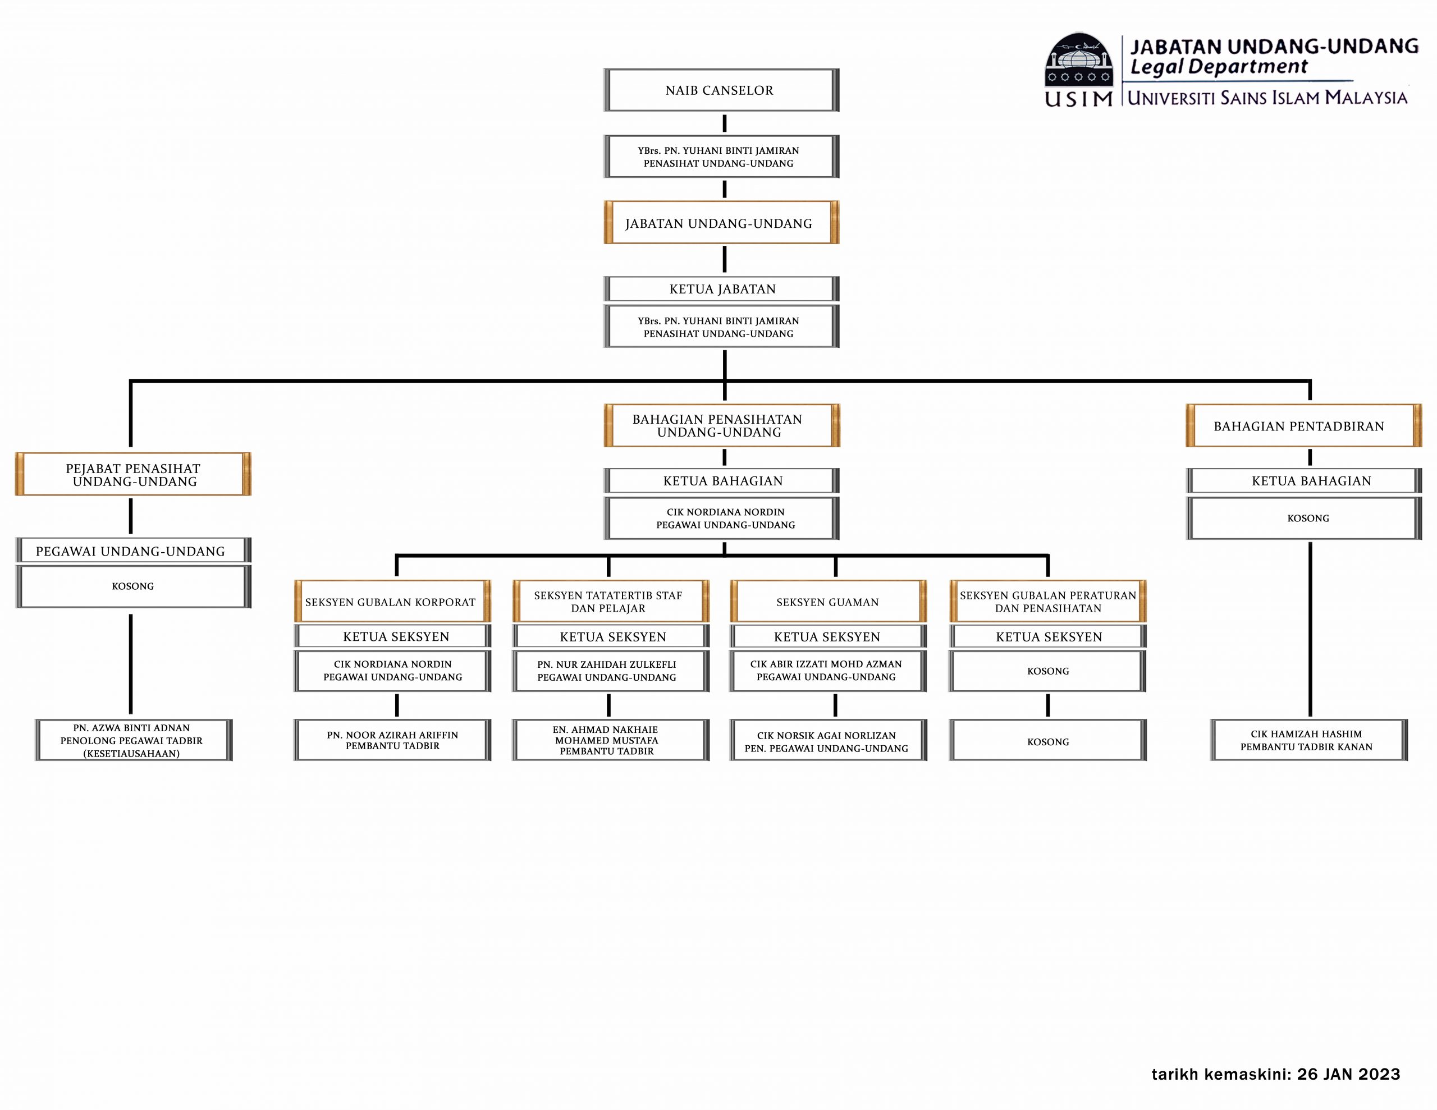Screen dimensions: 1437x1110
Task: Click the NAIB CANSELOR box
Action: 721,90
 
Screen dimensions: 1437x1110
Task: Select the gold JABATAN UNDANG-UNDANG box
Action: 721,222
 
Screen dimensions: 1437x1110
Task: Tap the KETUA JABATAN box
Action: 721,289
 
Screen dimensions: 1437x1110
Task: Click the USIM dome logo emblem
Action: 1078,60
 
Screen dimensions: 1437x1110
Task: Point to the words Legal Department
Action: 1219,66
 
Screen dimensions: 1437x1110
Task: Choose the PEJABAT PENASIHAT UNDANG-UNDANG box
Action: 133,474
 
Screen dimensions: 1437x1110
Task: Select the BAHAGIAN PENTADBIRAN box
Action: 1303,426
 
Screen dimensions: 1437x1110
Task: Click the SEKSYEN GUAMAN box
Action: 828,602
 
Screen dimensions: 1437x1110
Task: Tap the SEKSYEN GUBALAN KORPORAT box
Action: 392,602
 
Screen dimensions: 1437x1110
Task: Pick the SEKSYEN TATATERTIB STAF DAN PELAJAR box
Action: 611,602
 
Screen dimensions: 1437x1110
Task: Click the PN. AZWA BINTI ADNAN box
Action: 134,740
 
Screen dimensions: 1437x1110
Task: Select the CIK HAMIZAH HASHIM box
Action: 1308,740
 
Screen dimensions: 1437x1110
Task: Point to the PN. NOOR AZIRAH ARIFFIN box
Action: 392,740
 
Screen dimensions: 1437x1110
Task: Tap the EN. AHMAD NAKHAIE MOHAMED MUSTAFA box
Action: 611,740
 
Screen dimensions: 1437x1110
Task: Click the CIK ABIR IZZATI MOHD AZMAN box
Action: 828,671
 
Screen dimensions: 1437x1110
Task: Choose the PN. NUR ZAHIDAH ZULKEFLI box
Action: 611,671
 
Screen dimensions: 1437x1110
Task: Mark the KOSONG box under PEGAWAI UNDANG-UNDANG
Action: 133,586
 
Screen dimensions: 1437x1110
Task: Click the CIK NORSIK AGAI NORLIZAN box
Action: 828,740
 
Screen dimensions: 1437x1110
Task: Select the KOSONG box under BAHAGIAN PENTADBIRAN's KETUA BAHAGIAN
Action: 1303,518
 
